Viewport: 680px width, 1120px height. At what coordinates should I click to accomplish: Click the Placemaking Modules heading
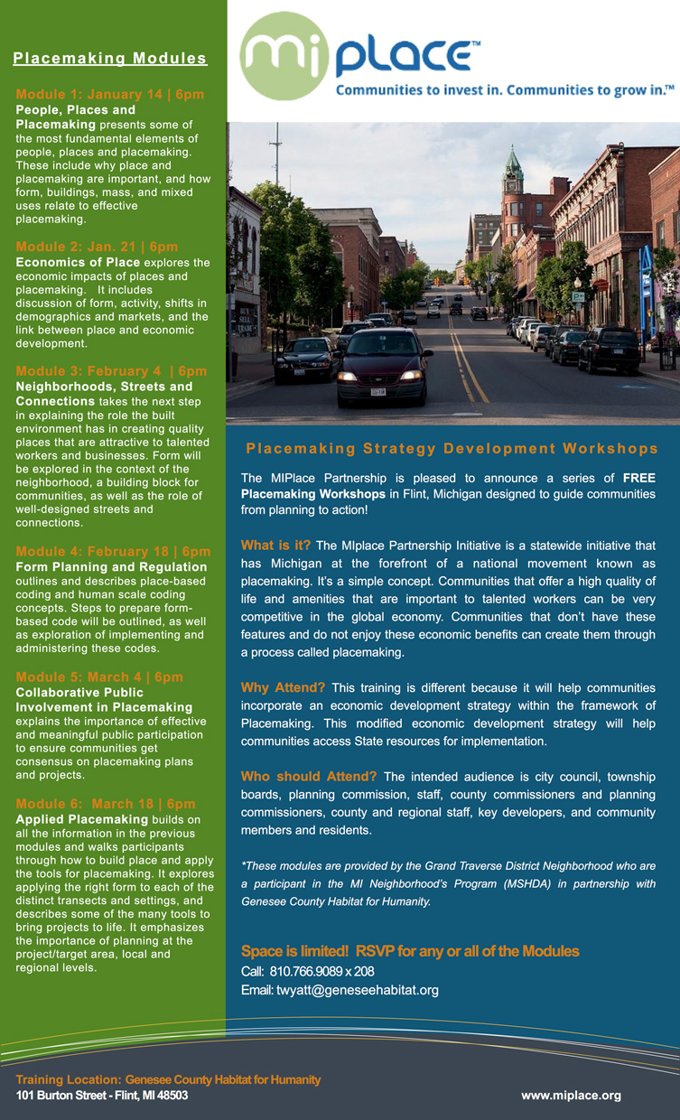point(110,59)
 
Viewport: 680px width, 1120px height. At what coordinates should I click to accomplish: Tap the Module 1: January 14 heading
point(110,94)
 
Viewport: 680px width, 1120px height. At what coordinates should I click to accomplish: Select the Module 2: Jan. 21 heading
point(98,247)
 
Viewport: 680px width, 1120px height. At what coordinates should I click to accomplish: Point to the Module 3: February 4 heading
point(111,371)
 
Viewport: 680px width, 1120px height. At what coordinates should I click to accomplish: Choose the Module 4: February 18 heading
point(113,551)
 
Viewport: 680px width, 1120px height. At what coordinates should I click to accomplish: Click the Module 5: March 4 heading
point(99,677)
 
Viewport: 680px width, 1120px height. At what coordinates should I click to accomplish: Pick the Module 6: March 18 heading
point(106,804)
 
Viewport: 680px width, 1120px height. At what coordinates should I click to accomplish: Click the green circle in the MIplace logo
point(283,56)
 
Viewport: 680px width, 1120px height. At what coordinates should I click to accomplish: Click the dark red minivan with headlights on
point(383,367)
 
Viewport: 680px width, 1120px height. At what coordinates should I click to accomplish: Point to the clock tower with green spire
point(514,185)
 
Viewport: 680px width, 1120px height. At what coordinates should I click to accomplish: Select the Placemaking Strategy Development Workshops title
point(452,449)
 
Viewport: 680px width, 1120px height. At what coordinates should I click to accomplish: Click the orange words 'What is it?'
point(275,546)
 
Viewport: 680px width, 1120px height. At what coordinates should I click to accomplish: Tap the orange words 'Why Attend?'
point(283,688)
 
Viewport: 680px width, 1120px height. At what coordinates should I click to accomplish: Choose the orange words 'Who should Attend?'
point(308,777)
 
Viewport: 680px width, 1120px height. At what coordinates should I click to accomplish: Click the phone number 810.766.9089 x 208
point(307,971)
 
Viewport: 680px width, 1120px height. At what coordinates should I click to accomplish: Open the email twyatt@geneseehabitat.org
point(340,990)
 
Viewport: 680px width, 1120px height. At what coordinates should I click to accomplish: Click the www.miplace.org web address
point(571,1095)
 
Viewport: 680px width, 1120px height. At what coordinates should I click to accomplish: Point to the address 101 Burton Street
point(101,1095)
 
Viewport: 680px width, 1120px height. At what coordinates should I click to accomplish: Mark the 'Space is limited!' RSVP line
point(410,951)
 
